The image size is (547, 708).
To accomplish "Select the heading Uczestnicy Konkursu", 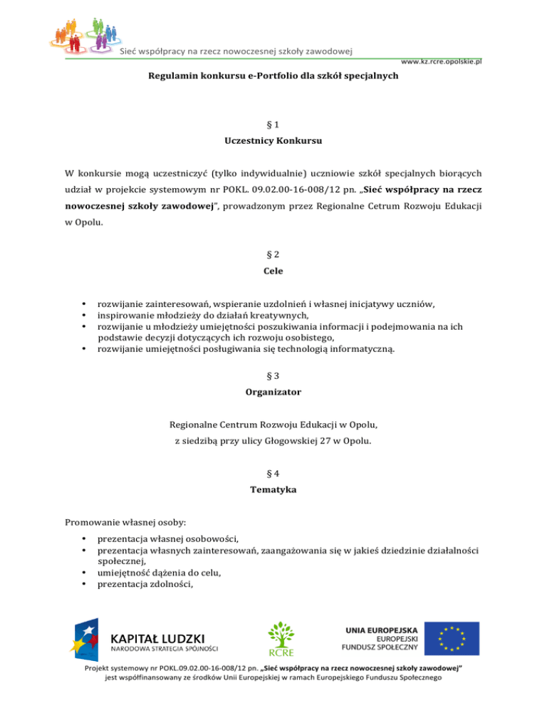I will pos(273,141).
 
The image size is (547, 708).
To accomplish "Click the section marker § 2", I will pos(273,254).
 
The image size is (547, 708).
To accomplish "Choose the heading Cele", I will pos(273,271).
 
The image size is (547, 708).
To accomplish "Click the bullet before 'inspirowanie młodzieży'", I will pos(85,315).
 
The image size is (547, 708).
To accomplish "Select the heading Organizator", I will pos(273,391).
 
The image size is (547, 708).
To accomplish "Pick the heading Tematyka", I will pos(273,489).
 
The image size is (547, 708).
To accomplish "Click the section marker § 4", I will pos(273,472).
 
